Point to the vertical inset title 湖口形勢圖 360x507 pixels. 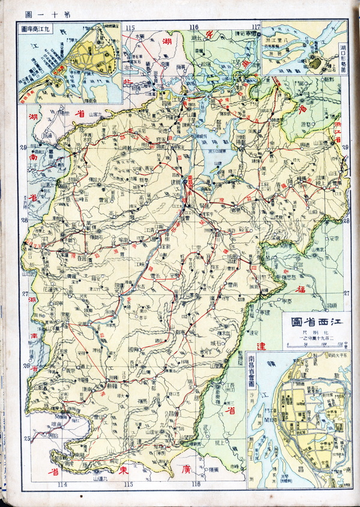pyautogui.click(x=341, y=57)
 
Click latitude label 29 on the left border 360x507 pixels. pyautogui.click(x=24, y=148)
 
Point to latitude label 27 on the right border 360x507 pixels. pyautogui.click(x=346, y=293)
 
